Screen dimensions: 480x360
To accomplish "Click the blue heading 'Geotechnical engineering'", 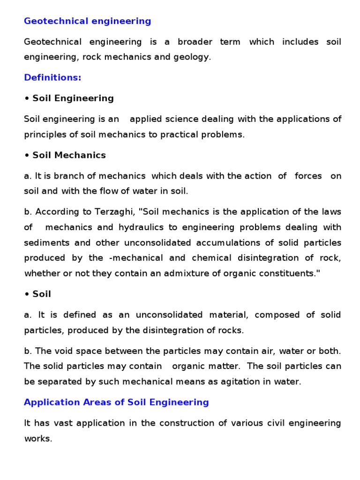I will [x=88, y=21].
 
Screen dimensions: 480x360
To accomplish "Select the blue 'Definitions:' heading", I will [x=52, y=78].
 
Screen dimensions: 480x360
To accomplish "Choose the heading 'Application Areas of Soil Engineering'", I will [x=116, y=402].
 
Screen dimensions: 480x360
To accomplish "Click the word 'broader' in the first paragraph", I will [x=194, y=42].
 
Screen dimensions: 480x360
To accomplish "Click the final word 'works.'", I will [x=38, y=439].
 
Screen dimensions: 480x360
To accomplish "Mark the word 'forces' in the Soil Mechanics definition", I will [x=308, y=176].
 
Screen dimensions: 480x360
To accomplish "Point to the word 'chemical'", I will [x=209, y=258].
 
